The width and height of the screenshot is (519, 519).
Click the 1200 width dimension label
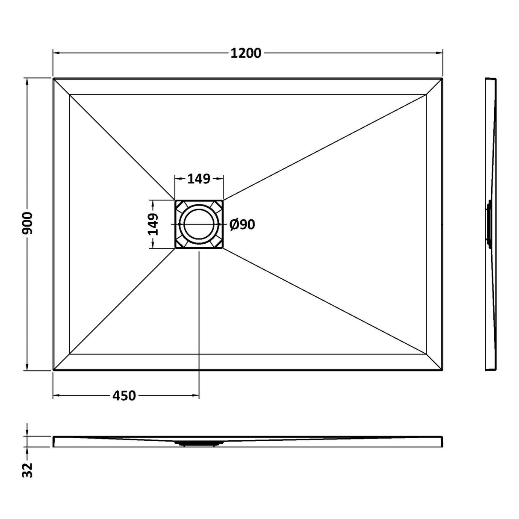pos(246,53)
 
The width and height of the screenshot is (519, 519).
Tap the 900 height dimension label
pos(27,223)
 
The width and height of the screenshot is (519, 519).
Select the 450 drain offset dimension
pos(124,395)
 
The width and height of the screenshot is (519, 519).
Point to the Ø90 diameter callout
pos(242,224)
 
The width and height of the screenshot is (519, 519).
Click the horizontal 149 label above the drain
pos(199,179)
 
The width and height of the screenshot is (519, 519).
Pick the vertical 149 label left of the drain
pos(153,224)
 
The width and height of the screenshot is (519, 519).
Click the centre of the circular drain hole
pos(199,224)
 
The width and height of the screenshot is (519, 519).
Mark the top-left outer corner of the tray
pos(53,79)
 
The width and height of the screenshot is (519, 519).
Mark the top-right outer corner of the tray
pos(443,79)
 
